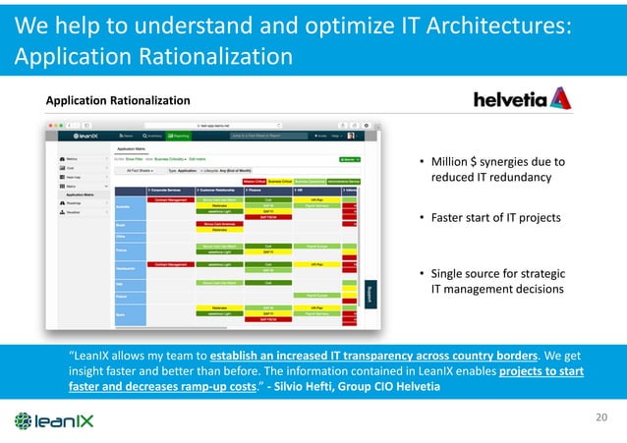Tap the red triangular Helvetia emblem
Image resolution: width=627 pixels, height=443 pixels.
coord(559,97)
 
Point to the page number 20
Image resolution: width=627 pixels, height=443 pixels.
coord(602,418)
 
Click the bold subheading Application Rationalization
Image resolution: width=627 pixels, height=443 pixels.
coord(118,100)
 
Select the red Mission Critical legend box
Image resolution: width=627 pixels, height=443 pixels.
coord(254,181)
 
